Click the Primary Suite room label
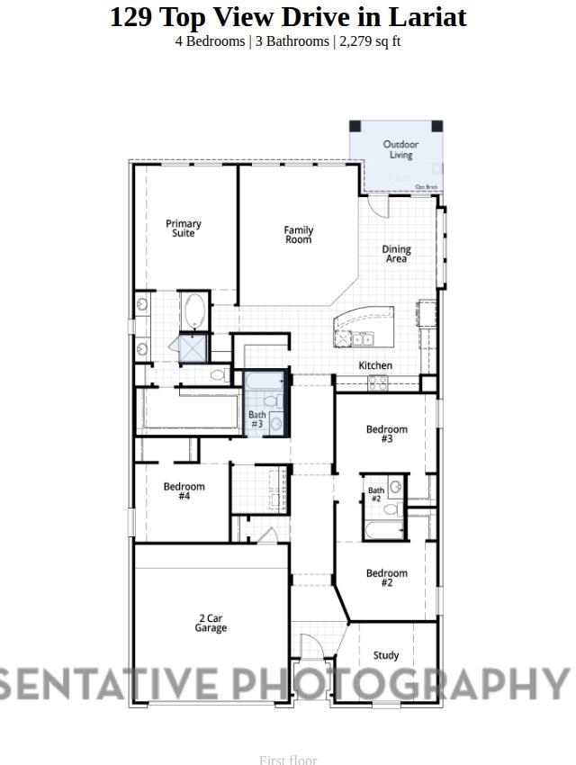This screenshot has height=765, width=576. [184, 229]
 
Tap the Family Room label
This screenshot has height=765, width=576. [299, 235]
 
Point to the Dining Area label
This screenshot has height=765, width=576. [396, 255]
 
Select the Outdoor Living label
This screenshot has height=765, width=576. [400, 149]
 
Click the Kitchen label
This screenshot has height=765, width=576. [375, 365]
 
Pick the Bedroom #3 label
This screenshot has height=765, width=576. [387, 434]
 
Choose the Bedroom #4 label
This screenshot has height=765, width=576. [184, 491]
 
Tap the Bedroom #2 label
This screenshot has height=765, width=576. [387, 578]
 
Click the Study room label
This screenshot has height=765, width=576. [386, 655]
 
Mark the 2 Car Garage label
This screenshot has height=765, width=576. [211, 623]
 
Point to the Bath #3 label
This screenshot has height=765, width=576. [257, 419]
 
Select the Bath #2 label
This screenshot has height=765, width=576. [376, 494]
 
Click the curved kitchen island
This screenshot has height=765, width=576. [364, 327]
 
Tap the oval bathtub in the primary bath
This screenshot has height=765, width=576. [193, 311]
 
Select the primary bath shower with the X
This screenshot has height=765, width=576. [193, 347]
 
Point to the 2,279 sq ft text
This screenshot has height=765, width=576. [370, 41]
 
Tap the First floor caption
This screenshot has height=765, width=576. [288, 760]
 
